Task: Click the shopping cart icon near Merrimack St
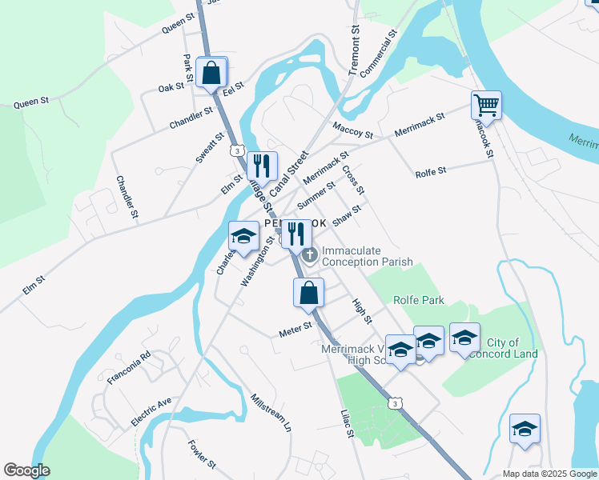tap(486, 104)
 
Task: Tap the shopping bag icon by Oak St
tap(211, 72)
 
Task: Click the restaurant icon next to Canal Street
tap(262, 166)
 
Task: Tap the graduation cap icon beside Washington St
tap(244, 235)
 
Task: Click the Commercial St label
tap(379, 54)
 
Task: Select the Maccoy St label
tap(353, 130)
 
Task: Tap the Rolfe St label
tap(431, 173)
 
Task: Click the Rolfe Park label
tap(418, 300)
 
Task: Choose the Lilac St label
tap(346, 423)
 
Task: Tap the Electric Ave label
tap(151, 412)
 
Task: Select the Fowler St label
tap(202, 453)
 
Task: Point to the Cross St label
tap(353, 180)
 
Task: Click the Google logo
tap(26, 470)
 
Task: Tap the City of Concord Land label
tap(513, 348)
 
